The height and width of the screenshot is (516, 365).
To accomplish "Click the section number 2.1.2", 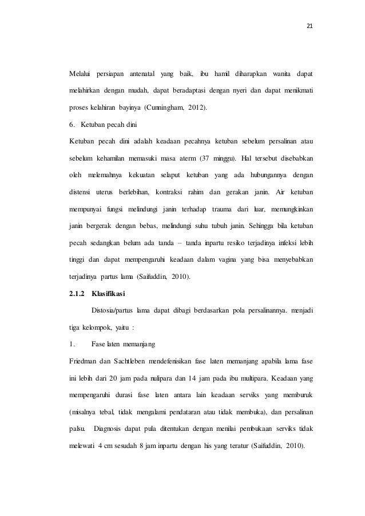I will coord(77,294).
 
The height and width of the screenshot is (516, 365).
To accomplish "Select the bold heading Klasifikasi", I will coord(108,294).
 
